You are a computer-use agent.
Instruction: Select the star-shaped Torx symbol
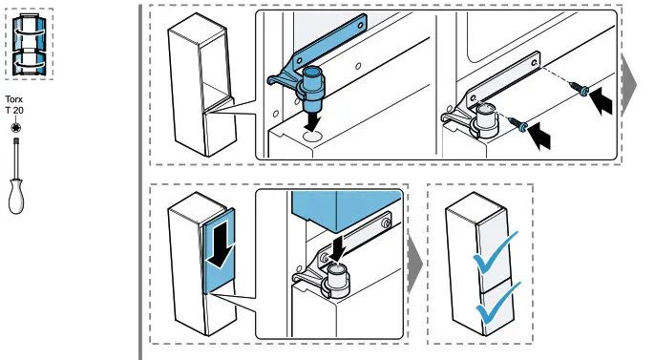[x=16, y=126]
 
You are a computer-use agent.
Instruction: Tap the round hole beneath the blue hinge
[x=311, y=138]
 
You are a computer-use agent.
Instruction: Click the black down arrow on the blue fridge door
[x=221, y=247]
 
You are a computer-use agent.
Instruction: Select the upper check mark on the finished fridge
[x=497, y=252]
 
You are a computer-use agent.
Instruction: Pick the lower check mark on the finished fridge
[x=496, y=305]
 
